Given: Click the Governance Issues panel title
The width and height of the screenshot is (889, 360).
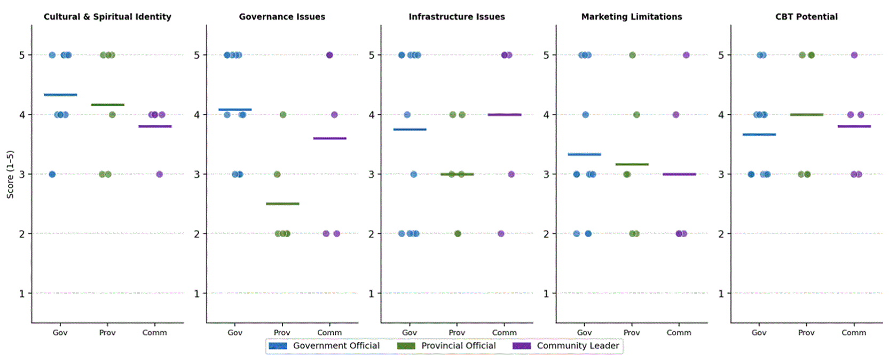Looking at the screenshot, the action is (282, 17).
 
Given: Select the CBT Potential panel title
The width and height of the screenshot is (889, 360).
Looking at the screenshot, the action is (806, 17).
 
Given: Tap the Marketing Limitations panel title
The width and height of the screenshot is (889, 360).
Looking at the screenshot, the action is (632, 17).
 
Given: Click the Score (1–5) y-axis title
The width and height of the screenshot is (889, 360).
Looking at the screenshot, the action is (10, 174).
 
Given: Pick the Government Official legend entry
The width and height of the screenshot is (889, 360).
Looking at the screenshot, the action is (324, 346).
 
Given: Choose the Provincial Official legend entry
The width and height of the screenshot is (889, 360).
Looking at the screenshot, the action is (446, 346).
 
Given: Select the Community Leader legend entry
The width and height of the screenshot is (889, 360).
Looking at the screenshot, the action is (566, 346).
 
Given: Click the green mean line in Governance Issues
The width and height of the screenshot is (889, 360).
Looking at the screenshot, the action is (282, 204).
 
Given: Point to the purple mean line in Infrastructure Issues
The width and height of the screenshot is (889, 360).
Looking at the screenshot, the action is (505, 115).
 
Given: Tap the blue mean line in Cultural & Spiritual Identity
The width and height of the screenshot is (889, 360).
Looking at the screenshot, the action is (60, 95).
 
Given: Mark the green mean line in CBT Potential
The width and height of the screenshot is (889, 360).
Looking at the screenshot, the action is (806, 115).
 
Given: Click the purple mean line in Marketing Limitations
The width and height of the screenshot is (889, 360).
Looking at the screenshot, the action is (679, 174).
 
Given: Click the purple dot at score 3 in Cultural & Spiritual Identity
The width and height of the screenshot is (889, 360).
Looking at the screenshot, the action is (159, 174).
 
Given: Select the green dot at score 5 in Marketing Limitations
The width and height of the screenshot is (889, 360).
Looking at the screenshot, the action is (632, 55).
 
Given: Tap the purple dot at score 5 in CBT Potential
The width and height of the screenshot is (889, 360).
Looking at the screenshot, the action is (854, 55).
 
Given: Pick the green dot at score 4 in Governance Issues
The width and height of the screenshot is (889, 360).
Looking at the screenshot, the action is (282, 115).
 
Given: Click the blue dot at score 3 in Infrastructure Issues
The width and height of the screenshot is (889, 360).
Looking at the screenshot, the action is (414, 174).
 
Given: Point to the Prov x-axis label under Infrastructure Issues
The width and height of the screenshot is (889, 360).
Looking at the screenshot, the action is (457, 333).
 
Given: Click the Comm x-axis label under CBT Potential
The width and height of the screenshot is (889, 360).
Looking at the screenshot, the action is (854, 333).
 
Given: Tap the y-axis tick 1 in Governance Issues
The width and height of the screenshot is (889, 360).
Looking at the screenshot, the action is (197, 294).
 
